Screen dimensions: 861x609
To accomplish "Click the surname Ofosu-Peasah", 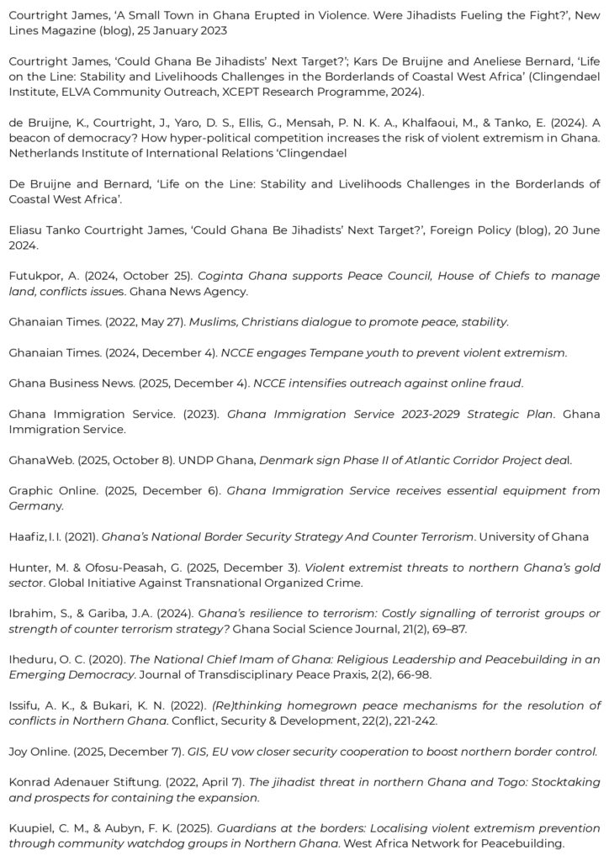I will click(118, 568).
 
